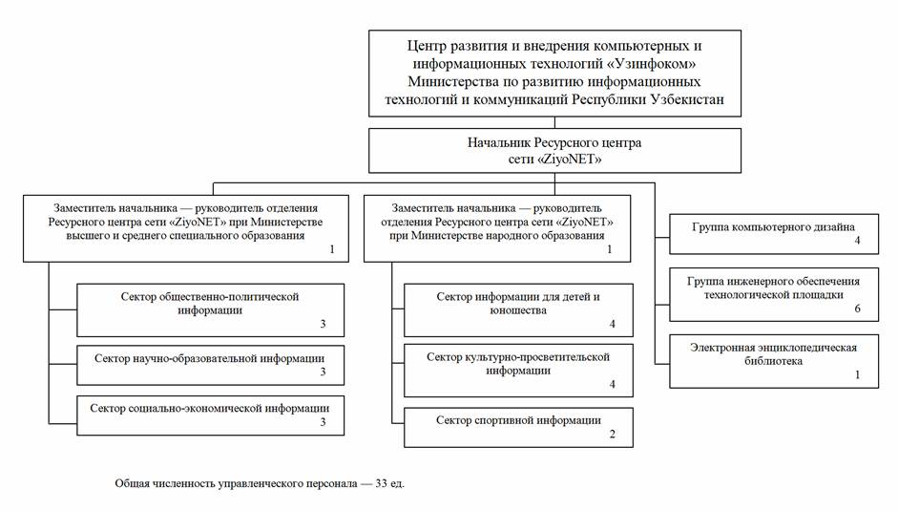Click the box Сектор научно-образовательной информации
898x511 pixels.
point(210,364)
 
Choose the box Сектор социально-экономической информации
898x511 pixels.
point(210,415)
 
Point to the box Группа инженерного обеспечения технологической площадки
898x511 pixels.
point(774,294)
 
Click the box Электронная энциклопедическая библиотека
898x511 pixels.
point(774,361)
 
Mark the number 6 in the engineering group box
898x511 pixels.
point(857,309)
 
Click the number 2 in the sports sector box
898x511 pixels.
point(613,436)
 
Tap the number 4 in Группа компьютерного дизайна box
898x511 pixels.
point(857,243)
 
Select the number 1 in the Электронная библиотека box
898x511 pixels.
point(857,376)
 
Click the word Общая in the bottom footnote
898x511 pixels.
point(132,483)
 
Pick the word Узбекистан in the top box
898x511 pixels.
point(683,99)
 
